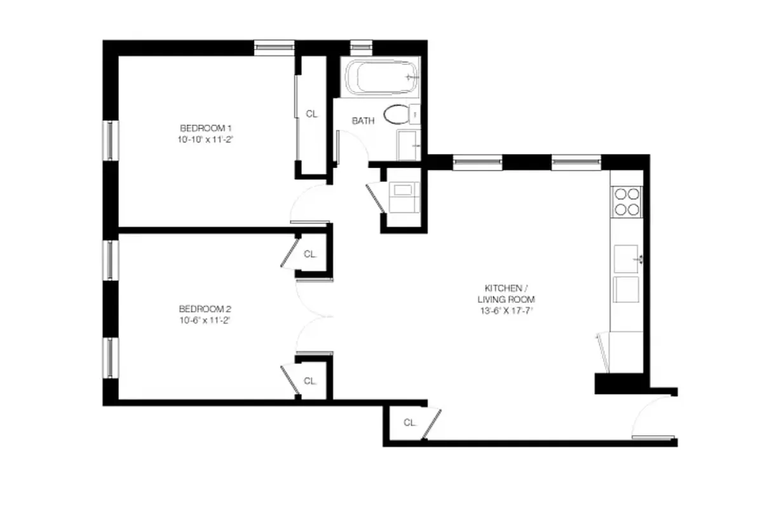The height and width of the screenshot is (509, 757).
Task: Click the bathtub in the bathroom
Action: coord(380,78)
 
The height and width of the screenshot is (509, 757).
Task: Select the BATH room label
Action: coord(363,120)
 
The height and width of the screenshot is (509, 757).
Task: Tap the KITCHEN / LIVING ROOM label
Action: coord(505,293)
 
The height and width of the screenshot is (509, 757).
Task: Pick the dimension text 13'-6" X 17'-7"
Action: coord(505,311)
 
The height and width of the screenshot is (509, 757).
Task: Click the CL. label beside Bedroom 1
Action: coord(311,115)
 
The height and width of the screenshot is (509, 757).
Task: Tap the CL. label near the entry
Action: coord(409,422)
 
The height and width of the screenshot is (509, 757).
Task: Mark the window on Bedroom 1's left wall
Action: coord(111,139)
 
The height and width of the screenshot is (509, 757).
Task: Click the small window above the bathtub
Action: coord(361,46)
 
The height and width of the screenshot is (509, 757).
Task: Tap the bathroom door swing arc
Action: coord(353,146)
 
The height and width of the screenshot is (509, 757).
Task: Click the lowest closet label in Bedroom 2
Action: coord(310,382)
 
